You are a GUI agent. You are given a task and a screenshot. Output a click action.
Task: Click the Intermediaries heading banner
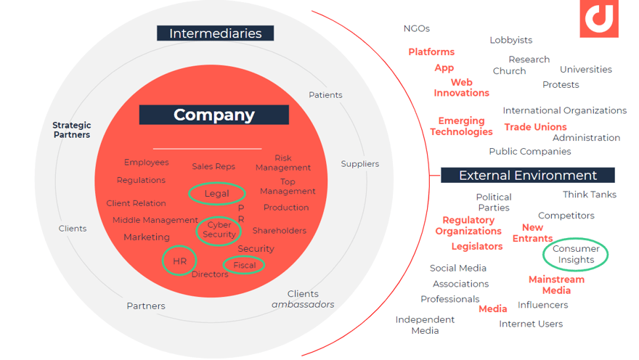point(215,33)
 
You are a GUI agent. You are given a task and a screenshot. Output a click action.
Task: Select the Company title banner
point(214,115)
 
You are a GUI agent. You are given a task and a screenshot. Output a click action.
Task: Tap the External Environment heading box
point(528,175)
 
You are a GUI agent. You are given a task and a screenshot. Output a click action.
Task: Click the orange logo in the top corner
point(599,18)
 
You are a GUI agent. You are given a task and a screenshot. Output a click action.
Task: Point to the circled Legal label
point(217,194)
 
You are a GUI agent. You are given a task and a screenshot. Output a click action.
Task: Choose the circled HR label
point(179,261)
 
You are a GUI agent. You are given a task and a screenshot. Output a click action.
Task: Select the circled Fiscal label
point(244,265)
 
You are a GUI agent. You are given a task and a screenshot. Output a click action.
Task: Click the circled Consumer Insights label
point(575,254)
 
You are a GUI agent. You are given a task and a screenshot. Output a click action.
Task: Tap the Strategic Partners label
point(72,130)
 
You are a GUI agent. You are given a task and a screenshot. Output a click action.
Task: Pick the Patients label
point(325,95)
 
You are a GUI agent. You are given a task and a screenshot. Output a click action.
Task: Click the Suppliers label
point(360,164)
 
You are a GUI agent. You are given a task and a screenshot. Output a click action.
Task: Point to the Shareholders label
point(279,231)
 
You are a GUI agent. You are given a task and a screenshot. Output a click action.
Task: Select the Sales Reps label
point(213,166)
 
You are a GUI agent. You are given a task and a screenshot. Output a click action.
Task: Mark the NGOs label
point(417,28)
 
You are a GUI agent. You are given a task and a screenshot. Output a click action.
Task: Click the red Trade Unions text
point(535,127)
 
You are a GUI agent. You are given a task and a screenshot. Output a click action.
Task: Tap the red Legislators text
point(477,246)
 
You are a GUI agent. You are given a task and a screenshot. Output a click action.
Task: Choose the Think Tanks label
point(590,195)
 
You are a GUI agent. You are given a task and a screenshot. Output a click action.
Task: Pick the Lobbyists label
point(511,40)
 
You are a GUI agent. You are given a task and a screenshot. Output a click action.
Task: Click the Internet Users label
point(531,324)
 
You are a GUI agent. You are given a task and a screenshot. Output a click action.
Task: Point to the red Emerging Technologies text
point(461,126)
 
